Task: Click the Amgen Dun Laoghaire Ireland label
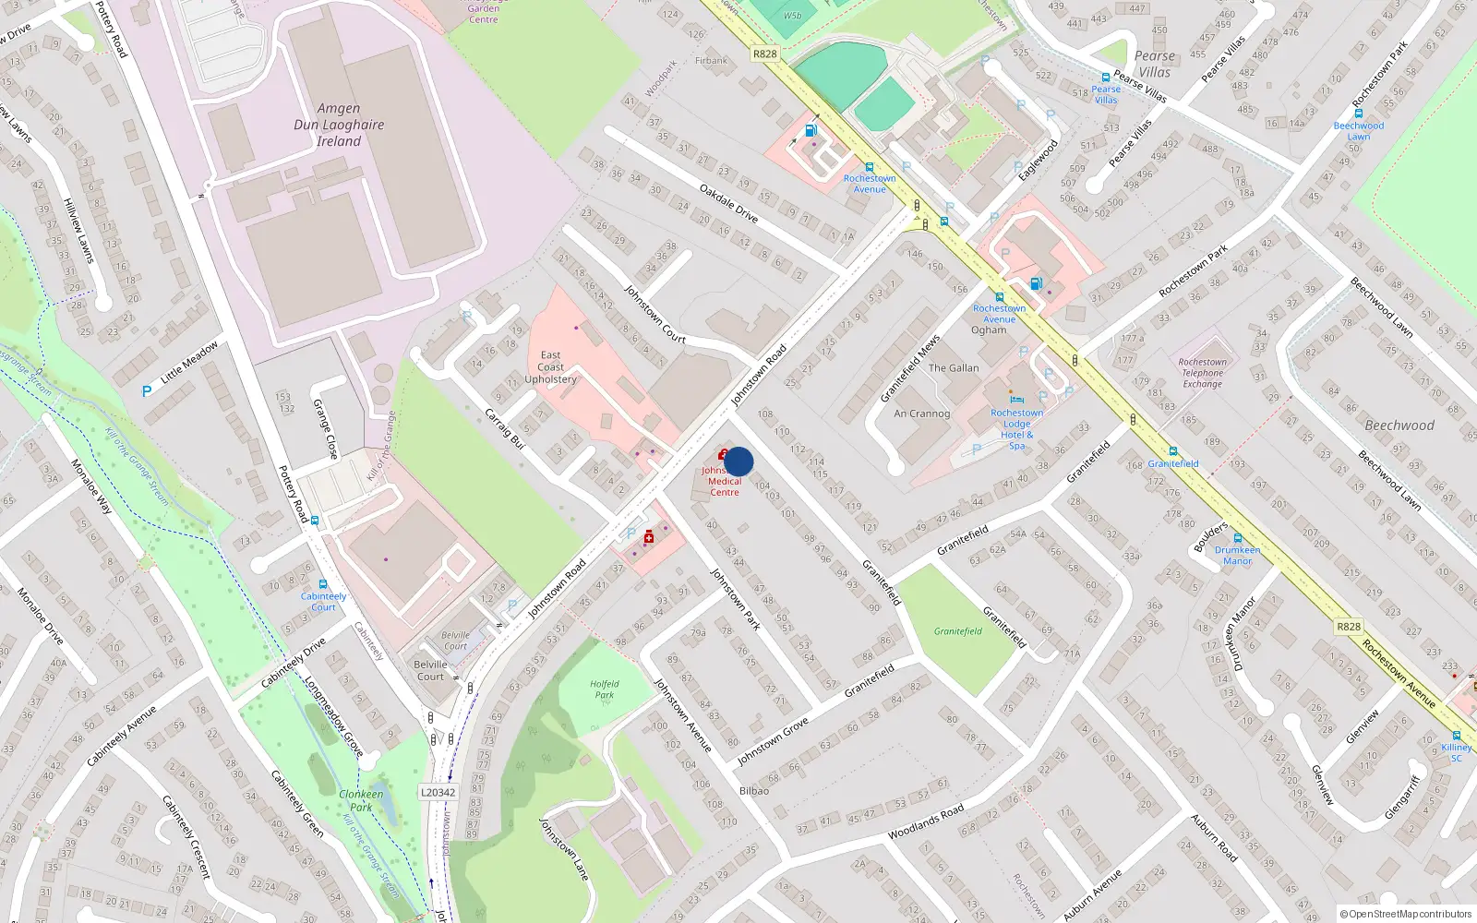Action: pyautogui.click(x=339, y=125)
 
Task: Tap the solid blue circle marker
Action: pyautogui.click(x=738, y=461)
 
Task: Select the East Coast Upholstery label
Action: pyautogui.click(x=551, y=367)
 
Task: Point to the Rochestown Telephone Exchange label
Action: pyautogui.click(x=1203, y=373)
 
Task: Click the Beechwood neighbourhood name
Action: pyautogui.click(x=1399, y=426)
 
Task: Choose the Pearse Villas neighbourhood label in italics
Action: pyautogui.click(x=1154, y=64)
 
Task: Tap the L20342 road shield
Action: pyautogui.click(x=438, y=792)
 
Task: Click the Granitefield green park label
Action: pyautogui.click(x=957, y=631)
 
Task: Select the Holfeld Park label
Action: pyautogui.click(x=604, y=689)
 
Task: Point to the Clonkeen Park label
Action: pyautogui.click(x=361, y=800)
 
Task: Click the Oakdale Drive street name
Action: pyautogui.click(x=728, y=203)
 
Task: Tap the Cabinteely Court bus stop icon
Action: pyautogui.click(x=322, y=584)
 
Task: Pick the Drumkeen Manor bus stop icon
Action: pyautogui.click(x=1237, y=538)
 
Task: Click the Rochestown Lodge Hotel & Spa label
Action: pyautogui.click(x=1016, y=428)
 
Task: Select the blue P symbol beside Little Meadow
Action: pyautogui.click(x=146, y=391)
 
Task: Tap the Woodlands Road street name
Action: pyautogui.click(x=926, y=821)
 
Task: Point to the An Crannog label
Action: pyautogui.click(x=921, y=414)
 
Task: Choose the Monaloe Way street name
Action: pyautogui.click(x=91, y=486)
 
